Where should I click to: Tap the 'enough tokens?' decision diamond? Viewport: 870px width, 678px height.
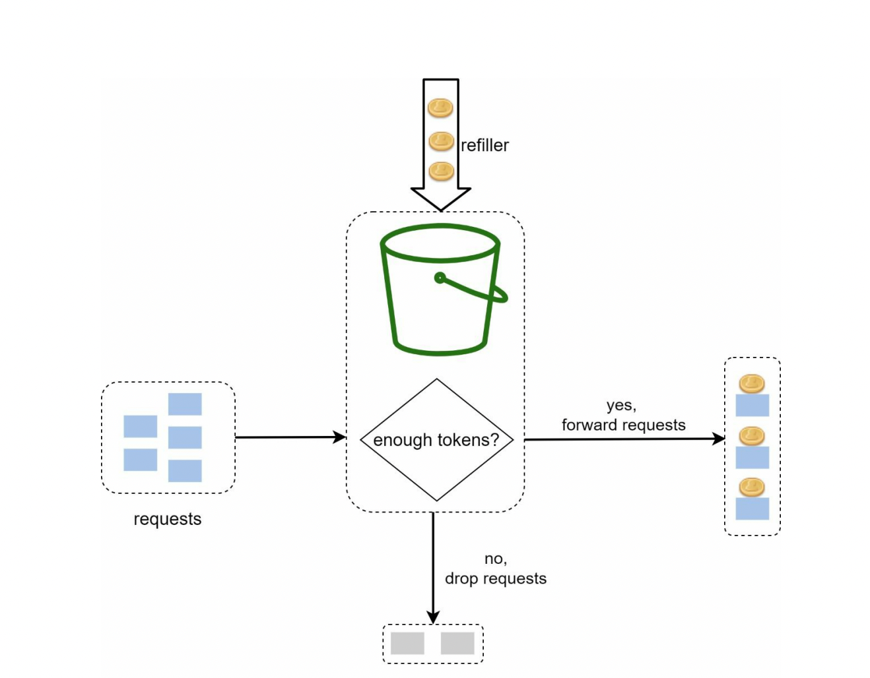[x=436, y=440]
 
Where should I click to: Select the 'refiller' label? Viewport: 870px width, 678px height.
[x=485, y=145]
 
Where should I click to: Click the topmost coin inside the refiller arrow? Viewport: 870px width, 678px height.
[x=440, y=108]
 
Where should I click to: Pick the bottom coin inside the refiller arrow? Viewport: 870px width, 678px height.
[x=441, y=171]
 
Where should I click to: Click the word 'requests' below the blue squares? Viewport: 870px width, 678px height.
[x=167, y=519]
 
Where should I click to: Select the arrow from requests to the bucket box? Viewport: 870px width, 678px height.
[x=290, y=437]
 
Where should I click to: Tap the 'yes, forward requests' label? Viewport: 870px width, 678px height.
[x=622, y=416]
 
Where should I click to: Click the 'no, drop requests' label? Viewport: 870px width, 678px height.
[x=495, y=569]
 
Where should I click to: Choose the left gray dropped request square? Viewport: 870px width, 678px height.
[x=407, y=643]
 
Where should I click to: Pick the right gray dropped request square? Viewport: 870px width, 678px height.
[x=457, y=643]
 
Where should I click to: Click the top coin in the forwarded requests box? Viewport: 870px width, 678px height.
[x=751, y=383]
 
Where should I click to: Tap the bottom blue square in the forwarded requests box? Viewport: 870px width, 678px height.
[x=752, y=508]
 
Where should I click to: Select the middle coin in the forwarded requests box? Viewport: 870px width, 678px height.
[x=751, y=435]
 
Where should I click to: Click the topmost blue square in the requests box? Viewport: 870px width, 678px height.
[x=185, y=404]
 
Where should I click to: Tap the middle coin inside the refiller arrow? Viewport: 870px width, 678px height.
[x=441, y=140]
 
